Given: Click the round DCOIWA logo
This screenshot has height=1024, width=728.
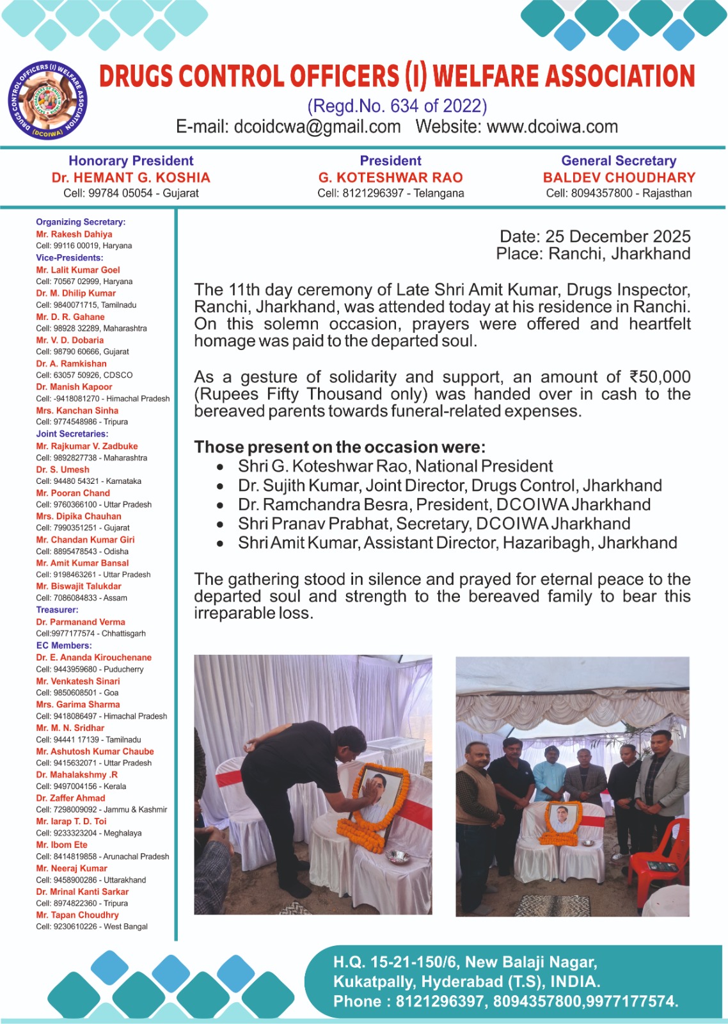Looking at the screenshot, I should click(48, 102).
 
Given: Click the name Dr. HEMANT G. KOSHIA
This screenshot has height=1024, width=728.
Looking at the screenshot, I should click(131, 178).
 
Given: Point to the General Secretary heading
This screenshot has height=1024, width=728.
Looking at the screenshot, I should click(619, 161).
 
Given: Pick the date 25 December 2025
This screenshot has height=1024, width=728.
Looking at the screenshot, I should click(617, 236).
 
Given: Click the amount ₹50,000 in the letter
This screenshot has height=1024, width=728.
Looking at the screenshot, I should click(660, 377).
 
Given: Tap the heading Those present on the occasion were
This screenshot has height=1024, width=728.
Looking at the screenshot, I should click(340, 447).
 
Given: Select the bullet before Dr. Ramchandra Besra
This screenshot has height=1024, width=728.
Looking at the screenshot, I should click(220, 506).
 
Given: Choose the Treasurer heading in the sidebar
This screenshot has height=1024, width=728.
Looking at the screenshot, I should click(58, 610).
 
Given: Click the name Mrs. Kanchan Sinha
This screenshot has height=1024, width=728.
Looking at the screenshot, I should click(77, 410).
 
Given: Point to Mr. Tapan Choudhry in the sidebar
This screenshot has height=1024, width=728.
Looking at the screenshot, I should click(77, 915).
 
